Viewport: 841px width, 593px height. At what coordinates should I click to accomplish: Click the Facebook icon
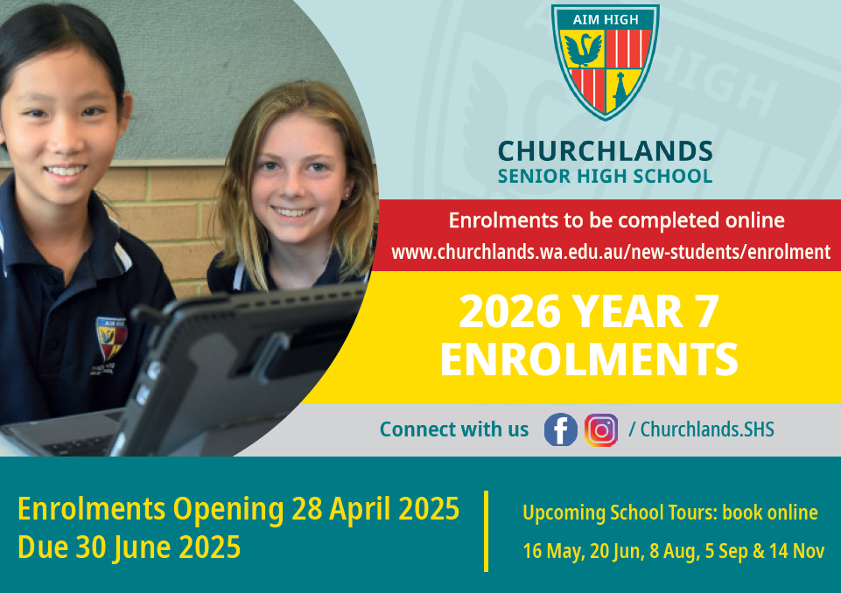tap(560, 429)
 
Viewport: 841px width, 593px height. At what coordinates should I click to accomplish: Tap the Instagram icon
tap(601, 430)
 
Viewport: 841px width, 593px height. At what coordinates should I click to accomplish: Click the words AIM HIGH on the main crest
tap(606, 20)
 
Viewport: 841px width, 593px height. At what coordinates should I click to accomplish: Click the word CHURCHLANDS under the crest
tap(605, 151)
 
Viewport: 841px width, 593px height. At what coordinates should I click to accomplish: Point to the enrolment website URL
tap(611, 252)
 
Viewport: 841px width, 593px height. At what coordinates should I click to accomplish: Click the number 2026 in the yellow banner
tap(509, 311)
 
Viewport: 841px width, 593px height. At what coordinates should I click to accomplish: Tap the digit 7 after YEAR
tap(706, 311)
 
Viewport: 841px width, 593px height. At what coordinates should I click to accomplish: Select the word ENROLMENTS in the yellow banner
tap(589, 359)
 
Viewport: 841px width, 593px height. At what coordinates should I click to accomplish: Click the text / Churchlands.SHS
tap(702, 429)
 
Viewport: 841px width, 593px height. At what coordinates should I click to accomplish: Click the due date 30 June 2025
tap(158, 548)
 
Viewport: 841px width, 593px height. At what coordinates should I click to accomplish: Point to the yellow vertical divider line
tap(486, 532)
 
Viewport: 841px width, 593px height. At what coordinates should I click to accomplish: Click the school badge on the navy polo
tap(111, 338)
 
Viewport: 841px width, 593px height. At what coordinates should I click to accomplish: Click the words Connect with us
tap(454, 429)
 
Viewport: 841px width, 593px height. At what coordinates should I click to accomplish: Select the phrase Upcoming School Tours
tap(620, 513)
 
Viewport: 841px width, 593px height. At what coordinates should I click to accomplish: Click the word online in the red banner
tap(755, 220)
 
